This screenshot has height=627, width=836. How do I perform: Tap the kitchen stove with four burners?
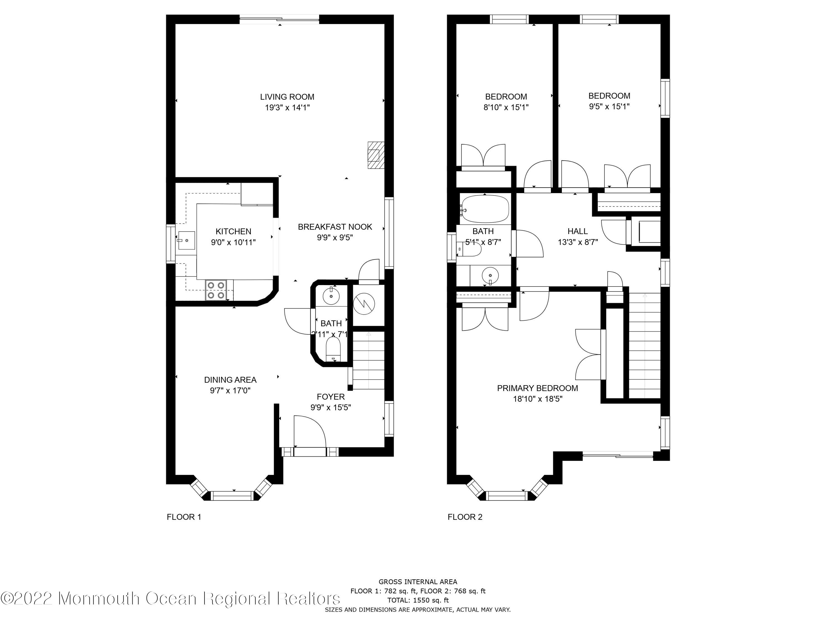[x=216, y=290]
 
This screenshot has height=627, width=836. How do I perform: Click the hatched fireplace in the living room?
[x=376, y=155]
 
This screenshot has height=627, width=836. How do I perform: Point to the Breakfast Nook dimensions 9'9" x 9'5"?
[x=335, y=237]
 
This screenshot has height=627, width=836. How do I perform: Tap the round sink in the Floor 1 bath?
[x=331, y=296]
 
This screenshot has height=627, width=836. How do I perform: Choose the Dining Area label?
[x=230, y=380]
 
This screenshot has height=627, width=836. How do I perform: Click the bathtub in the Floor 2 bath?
[x=485, y=209]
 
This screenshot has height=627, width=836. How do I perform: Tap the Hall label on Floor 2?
[x=577, y=231]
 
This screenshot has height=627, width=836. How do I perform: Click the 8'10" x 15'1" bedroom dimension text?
[x=506, y=107]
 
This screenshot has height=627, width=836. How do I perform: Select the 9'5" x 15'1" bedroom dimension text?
[x=609, y=106]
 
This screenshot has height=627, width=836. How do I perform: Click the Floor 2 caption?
[x=465, y=517]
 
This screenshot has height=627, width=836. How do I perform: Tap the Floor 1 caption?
[x=184, y=517]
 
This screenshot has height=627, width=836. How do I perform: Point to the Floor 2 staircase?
[x=644, y=346]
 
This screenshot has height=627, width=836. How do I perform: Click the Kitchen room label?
[x=233, y=231]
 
